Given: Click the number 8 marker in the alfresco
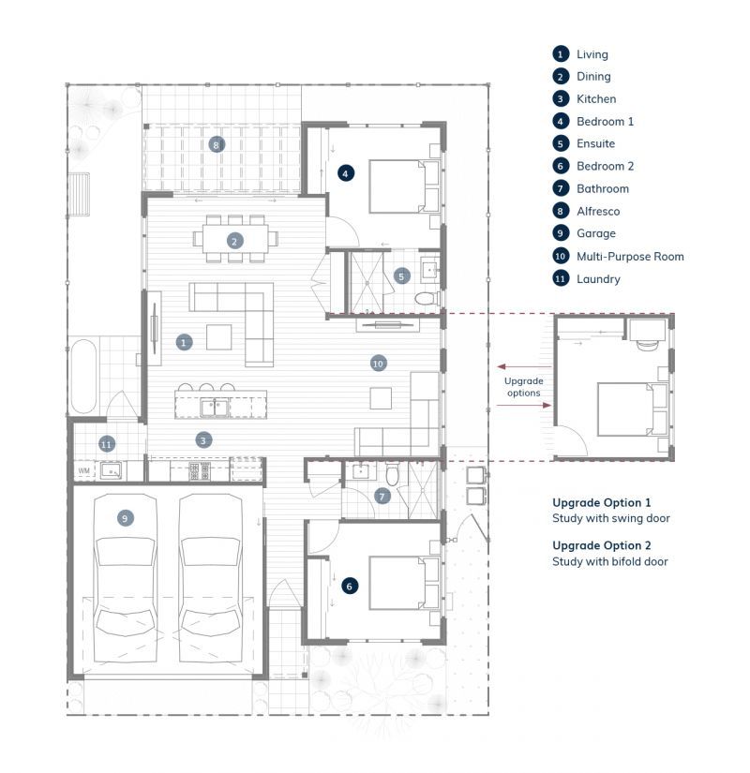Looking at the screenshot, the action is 217,144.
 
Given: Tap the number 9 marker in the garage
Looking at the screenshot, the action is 125,518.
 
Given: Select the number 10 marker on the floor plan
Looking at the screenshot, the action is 378,364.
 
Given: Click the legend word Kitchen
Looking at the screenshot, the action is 596,99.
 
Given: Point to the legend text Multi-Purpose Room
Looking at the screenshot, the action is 630,257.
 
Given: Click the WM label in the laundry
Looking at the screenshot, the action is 83,470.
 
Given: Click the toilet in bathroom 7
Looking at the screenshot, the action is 392,474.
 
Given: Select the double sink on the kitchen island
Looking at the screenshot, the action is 214,408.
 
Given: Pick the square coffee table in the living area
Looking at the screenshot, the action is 218,337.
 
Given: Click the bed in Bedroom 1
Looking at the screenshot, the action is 404,186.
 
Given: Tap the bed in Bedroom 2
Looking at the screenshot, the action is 404,583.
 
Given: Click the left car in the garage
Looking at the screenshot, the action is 126,578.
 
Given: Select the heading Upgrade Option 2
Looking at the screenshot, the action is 602,545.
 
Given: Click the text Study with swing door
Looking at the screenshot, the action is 611,518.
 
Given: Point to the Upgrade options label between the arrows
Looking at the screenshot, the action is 523,387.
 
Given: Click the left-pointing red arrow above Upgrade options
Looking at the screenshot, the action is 524,366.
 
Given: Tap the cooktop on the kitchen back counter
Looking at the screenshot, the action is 200,471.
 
